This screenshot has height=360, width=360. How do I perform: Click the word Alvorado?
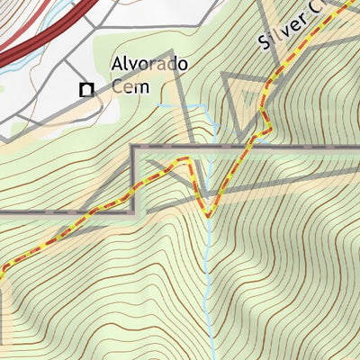148,66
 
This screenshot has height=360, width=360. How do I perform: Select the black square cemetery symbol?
86,89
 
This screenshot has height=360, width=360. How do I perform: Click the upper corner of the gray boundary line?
134,147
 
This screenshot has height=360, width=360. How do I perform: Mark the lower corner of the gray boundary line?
134,212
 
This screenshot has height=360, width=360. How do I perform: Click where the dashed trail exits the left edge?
2,268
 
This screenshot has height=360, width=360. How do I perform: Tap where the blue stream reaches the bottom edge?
209,357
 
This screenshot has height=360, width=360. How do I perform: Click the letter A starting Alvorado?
116,66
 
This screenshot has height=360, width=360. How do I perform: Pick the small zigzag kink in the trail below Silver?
265,121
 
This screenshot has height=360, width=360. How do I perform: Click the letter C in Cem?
118,87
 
